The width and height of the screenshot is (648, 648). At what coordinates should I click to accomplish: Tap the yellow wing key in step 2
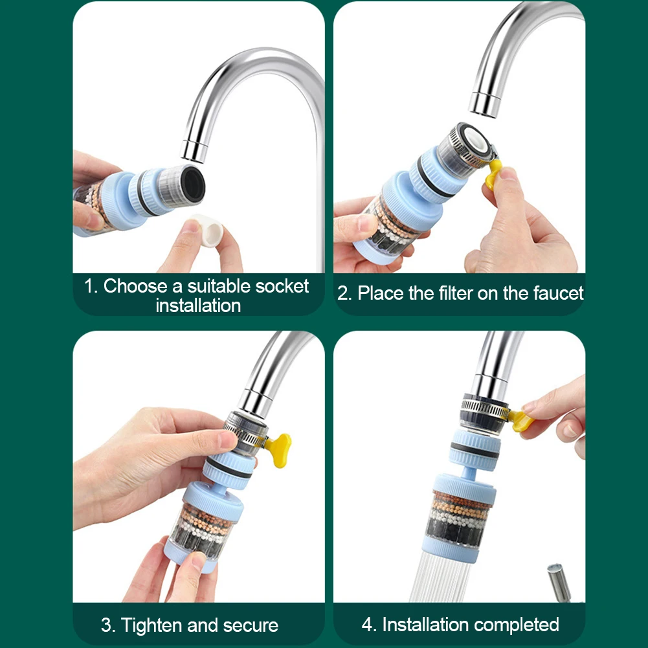pos(495,175)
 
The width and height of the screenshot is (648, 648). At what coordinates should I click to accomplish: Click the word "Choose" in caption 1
pos(140,286)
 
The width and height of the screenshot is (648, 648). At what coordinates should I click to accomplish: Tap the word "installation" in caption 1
pos(198,306)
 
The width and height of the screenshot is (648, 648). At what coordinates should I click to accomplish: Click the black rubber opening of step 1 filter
pos(192,183)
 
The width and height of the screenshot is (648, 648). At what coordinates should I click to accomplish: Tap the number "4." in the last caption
pos(369,625)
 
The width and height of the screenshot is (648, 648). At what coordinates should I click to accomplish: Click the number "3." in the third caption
pos(108,625)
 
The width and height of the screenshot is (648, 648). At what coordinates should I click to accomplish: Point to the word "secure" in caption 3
pos(251,625)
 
